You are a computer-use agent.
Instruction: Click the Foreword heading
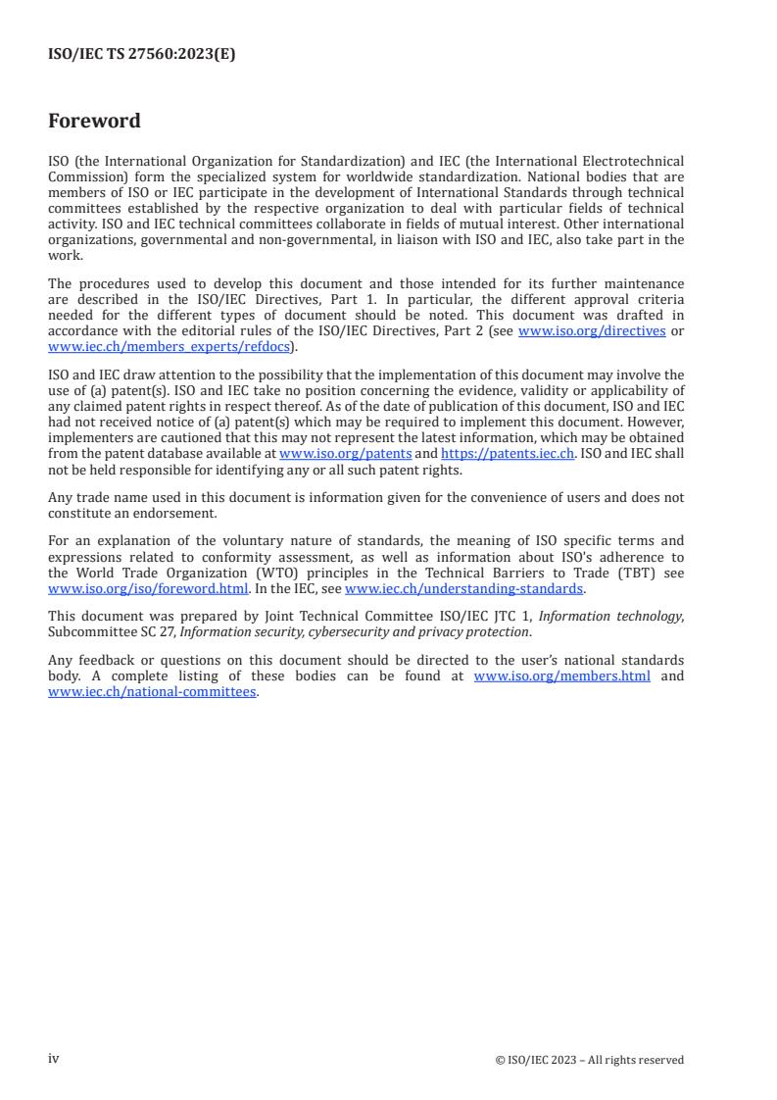[94, 122]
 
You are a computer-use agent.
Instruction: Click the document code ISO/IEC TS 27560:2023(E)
[141, 55]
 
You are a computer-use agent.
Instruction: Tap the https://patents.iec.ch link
[508, 454]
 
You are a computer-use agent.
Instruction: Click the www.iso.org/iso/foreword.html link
[147, 588]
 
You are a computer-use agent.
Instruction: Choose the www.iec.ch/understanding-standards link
[464, 588]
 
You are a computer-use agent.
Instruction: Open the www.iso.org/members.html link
[561, 676]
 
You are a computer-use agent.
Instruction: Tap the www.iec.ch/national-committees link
[152, 691]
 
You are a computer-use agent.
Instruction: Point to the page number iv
[54, 1059]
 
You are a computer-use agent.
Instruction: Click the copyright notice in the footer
[590, 1060]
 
